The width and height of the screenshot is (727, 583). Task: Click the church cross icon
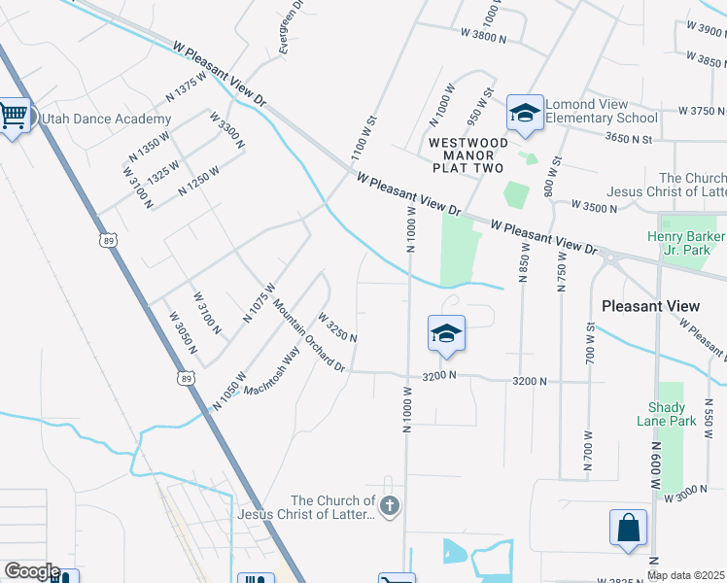point(389,505)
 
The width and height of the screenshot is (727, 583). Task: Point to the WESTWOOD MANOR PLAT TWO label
point(466,154)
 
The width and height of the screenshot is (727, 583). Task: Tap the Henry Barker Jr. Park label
point(686,244)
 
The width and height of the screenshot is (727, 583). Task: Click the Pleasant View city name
point(650,305)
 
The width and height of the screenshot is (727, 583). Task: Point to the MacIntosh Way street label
point(271,372)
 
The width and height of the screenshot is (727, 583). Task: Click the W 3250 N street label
point(337,326)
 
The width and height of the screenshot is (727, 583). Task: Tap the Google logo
point(32,571)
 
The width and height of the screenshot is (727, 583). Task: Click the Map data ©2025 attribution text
point(686,575)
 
